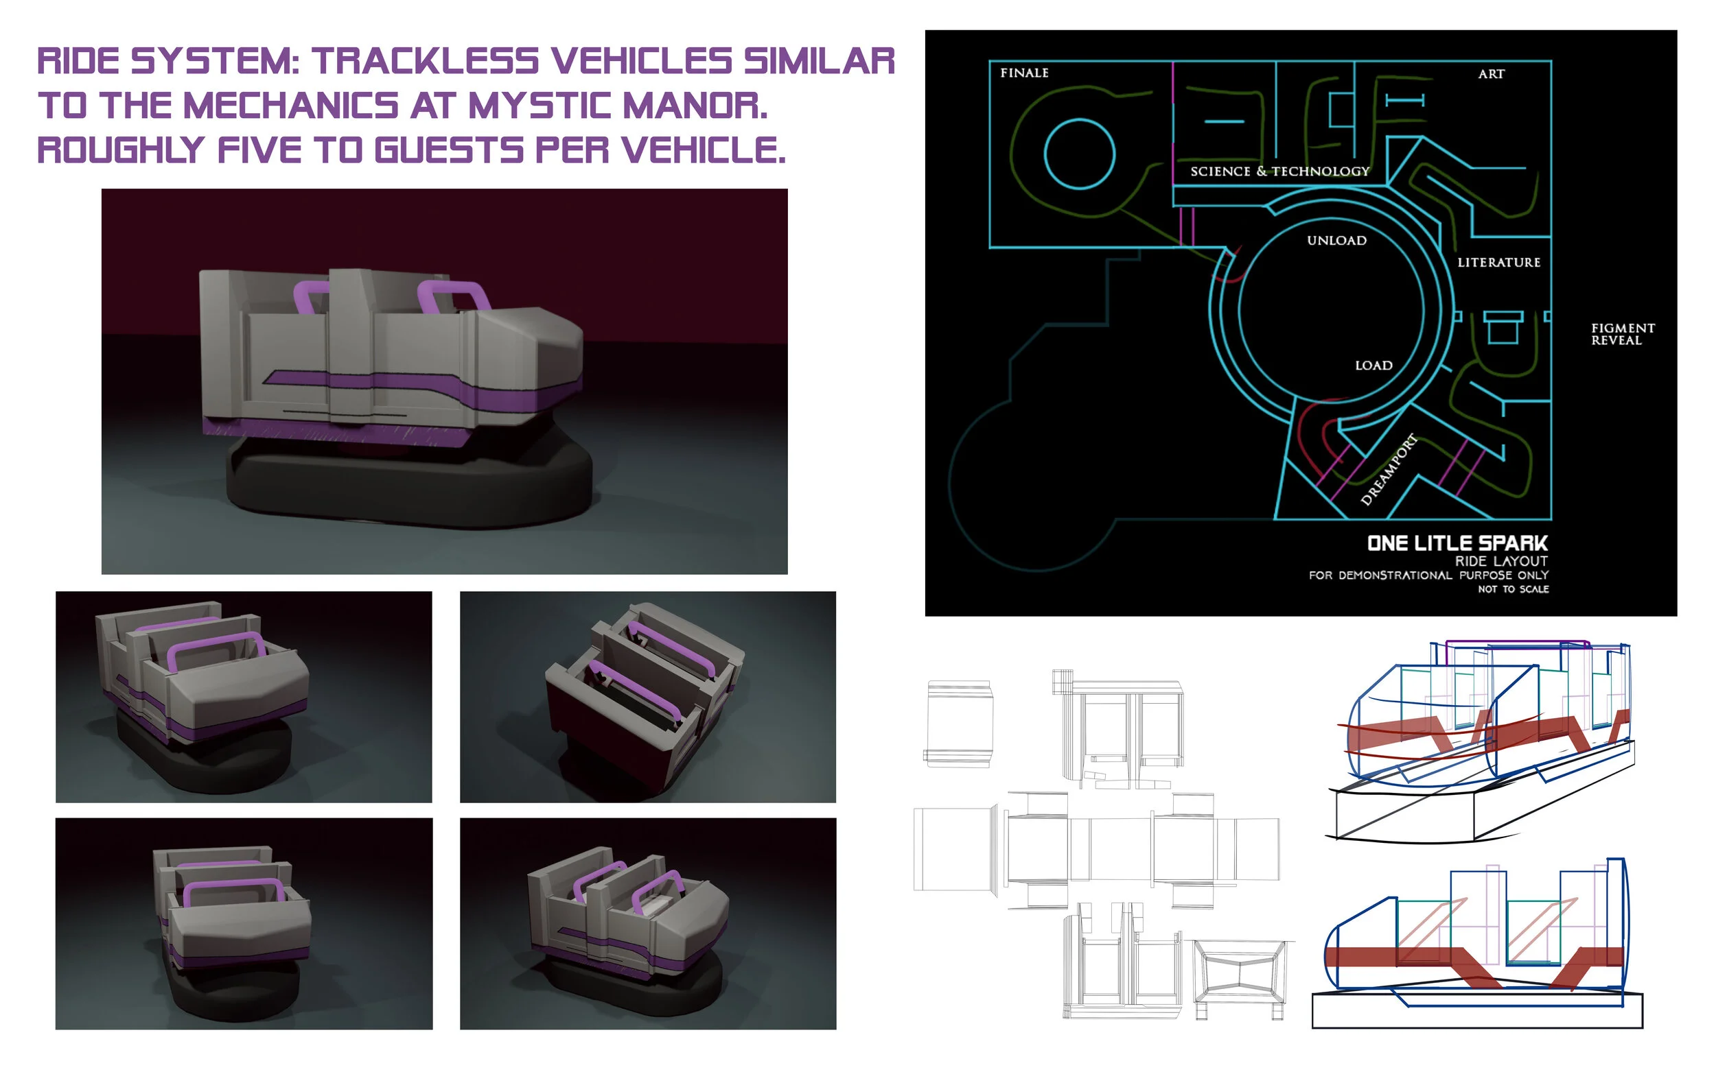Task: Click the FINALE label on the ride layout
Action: click(x=1023, y=73)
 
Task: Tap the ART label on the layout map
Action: click(x=1490, y=74)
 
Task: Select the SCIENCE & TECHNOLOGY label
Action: click(x=1279, y=171)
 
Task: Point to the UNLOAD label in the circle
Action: click(x=1336, y=240)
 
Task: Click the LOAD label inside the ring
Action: click(x=1373, y=365)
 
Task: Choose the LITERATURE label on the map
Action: click(x=1498, y=262)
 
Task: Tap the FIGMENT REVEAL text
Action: click(x=1623, y=334)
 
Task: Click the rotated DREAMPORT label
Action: click(x=1389, y=468)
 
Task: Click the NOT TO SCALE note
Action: click(x=1512, y=589)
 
